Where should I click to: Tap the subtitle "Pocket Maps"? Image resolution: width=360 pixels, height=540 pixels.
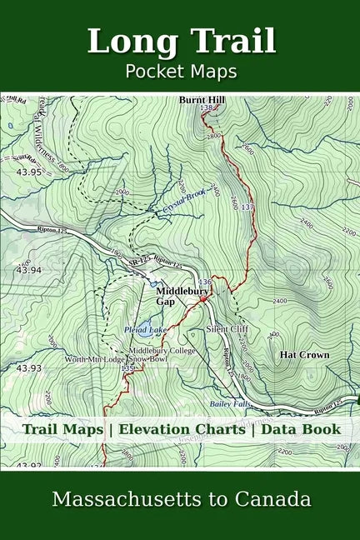[180, 71]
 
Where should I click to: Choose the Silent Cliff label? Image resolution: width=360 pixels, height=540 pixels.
[227, 329]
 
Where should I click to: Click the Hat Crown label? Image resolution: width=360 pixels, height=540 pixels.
[304, 354]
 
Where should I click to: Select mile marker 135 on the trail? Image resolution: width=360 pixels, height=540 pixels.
[127, 367]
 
